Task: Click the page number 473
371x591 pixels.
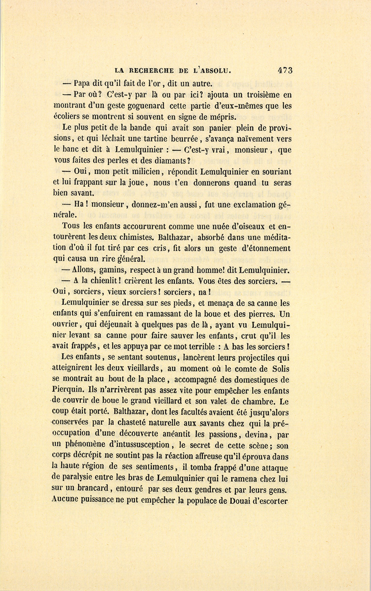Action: point(285,70)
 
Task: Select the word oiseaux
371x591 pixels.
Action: point(248,226)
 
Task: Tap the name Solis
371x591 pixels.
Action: point(280,369)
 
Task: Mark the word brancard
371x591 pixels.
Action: point(89,490)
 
